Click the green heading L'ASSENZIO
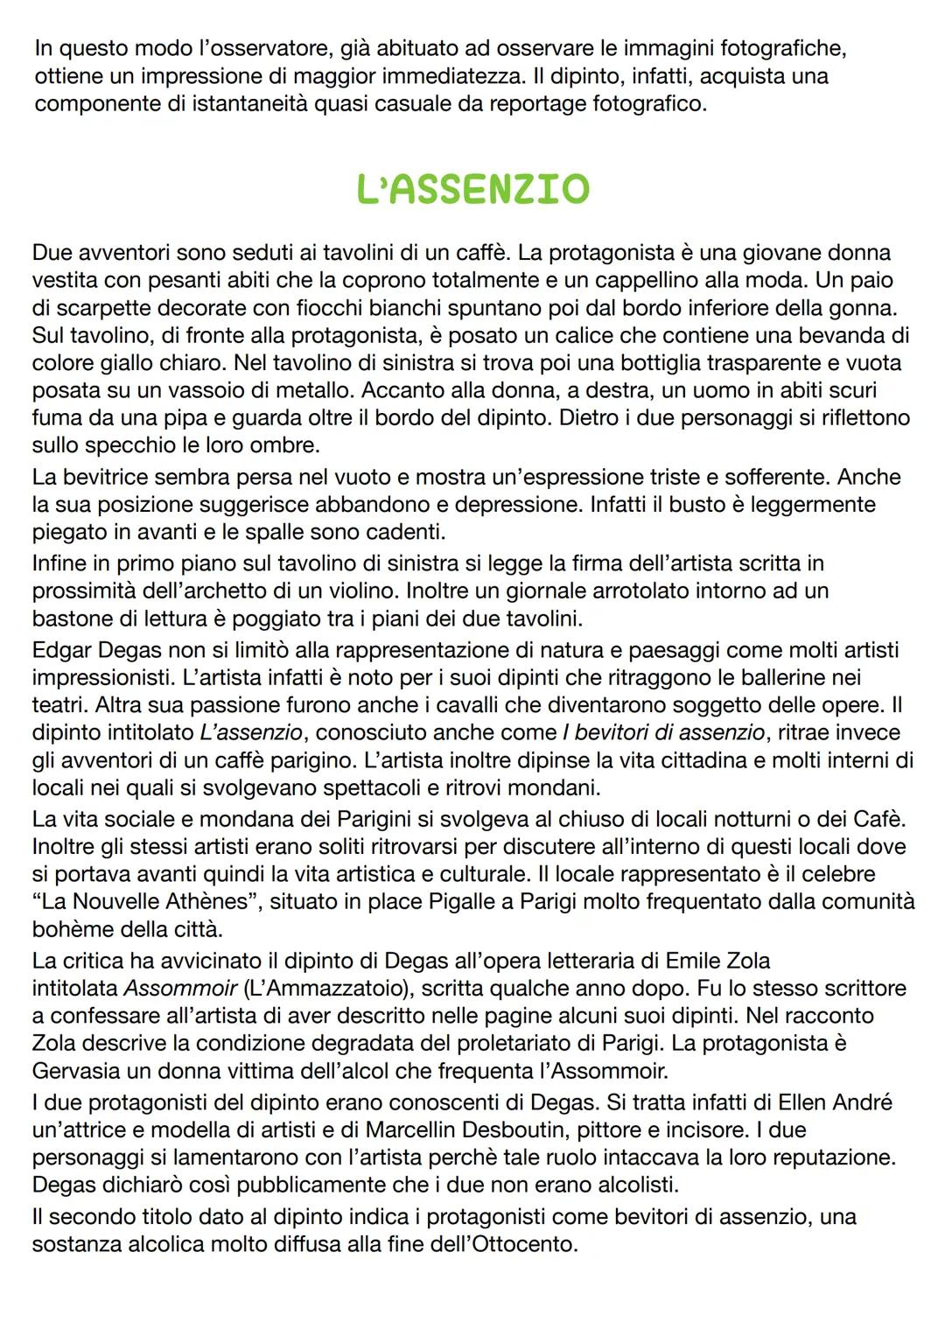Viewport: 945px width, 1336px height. pos(472,189)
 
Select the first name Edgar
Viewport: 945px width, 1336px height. pos(66,650)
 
